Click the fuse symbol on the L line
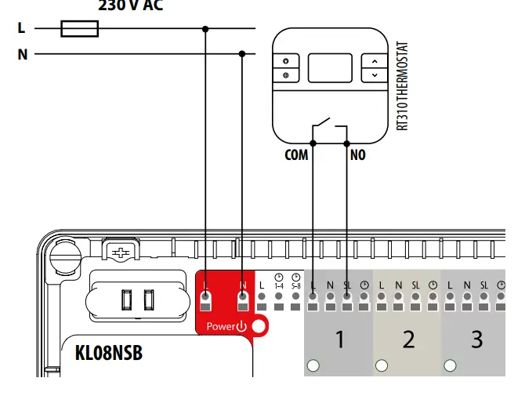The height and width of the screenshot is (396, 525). pos(79,29)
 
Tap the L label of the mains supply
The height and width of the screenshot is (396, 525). pos(21,28)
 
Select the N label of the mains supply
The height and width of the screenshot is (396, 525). pos(21,54)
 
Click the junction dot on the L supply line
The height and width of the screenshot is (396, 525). pos(205,29)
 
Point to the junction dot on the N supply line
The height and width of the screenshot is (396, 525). pos(241,54)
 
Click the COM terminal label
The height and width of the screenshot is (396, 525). pos(296,155)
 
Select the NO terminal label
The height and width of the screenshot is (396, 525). pos(357,155)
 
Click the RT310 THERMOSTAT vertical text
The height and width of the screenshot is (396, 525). pos(403,86)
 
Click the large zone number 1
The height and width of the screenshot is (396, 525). pos(339,340)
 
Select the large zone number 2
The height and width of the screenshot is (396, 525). pos(407,340)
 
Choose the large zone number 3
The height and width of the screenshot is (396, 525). pos(476,340)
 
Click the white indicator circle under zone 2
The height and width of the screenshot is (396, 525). pos(382,365)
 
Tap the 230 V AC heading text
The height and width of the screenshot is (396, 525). pos(132,5)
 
